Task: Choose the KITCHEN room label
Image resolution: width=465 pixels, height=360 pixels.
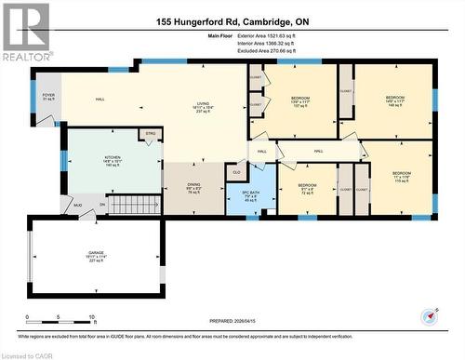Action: click(113, 160)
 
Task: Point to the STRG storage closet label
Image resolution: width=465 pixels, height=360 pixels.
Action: click(150, 136)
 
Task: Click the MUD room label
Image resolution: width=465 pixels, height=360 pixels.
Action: click(78, 206)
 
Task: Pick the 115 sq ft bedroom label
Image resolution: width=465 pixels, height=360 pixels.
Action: click(401, 177)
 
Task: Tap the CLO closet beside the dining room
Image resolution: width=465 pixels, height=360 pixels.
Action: click(236, 172)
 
